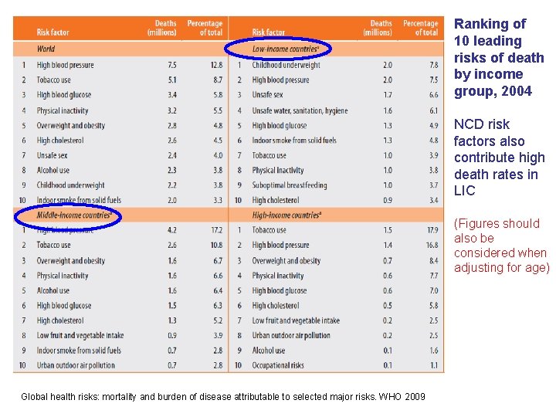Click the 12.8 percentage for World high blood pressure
point(216,65)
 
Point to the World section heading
point(46,49)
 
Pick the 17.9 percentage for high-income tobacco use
point(432,230)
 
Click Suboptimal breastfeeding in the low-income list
point(290,185)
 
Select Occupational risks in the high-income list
point(278,365)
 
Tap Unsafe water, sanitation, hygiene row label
point(300,110)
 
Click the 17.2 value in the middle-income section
point(216,230)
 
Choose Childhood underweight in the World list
point(70,185)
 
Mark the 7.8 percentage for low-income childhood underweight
point(433,65)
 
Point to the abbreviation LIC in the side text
point(465,191)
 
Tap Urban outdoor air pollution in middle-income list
point(76,365)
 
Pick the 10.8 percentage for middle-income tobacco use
point(216,245)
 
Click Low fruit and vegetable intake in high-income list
point(296,320)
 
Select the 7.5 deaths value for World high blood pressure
point(172,65)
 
